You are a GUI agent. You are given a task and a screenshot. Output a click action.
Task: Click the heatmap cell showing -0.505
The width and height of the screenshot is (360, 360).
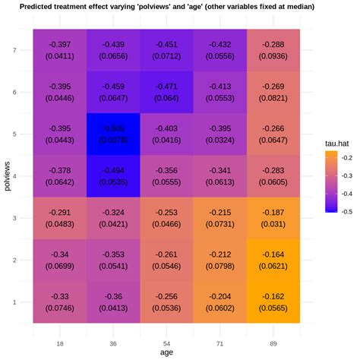(113, 134)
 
